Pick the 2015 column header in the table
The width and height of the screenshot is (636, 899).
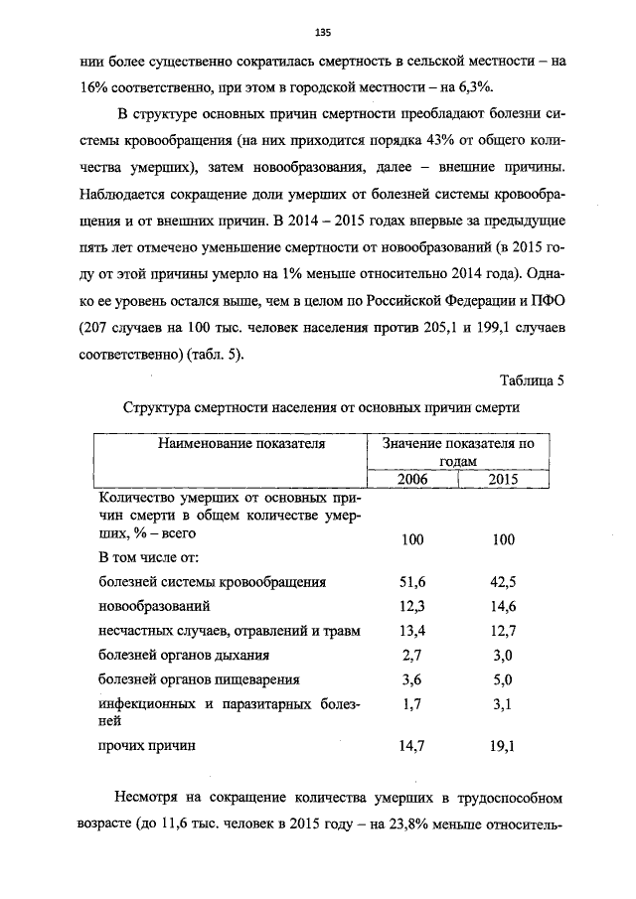coord(503,479)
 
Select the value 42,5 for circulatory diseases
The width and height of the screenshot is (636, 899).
coord(503,581)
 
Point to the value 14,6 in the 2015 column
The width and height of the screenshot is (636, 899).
coord(503,606)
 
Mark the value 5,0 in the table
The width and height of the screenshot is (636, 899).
coord(503,680)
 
